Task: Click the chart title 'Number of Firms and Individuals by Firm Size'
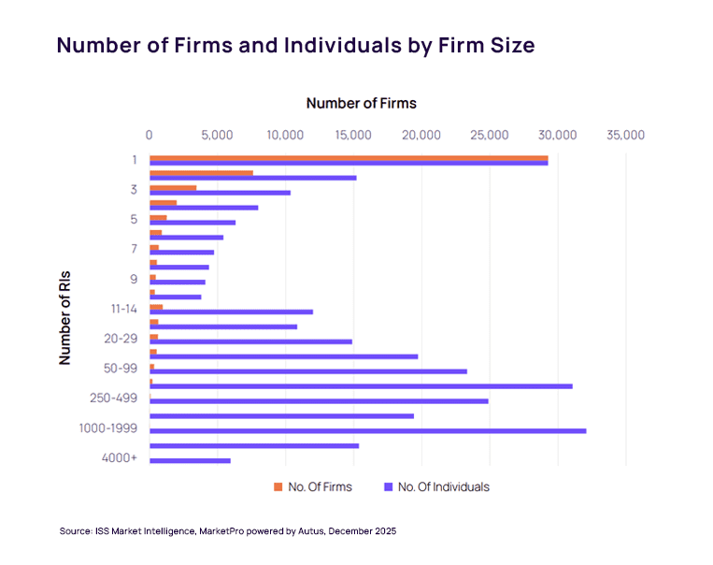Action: [295, 45]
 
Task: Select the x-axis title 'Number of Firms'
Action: [361, 103]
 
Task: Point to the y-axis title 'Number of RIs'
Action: [65, 318]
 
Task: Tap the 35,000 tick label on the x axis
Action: [624, 135]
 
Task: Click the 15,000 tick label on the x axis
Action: [353, 135]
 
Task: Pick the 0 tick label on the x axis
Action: [149, 135]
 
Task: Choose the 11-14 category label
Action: [122, 308]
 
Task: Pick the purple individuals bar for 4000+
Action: [190, 460]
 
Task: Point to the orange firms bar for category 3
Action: [173, 187]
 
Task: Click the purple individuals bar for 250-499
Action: [319, 400]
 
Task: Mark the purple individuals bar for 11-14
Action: [231, 311]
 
